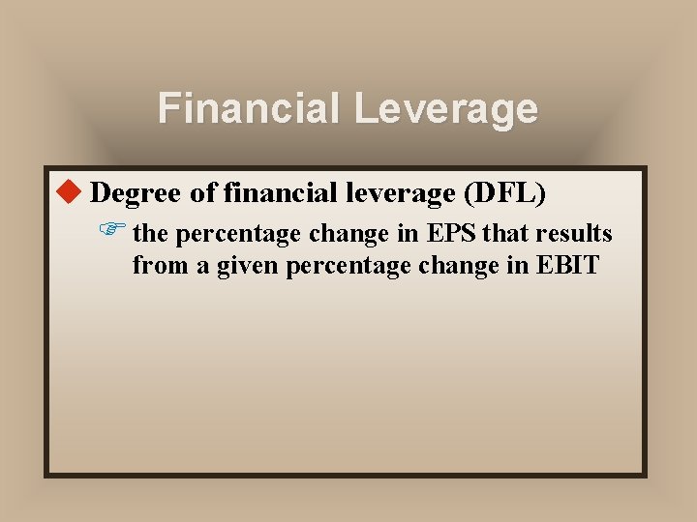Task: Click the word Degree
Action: [136, 193]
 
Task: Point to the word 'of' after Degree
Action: [203, 193]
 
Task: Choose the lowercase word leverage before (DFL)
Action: [403, 193]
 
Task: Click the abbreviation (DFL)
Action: [505, 193]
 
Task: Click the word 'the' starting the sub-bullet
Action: [150, 234]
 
